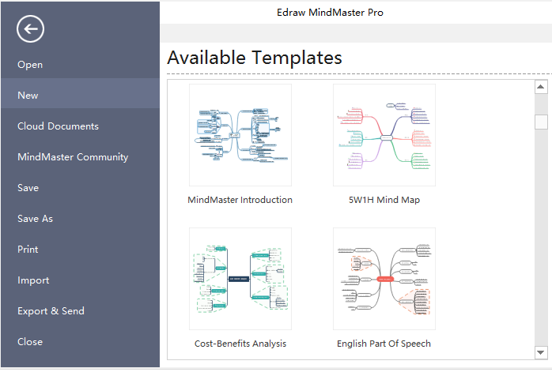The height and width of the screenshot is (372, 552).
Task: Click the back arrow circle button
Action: click(30, 29)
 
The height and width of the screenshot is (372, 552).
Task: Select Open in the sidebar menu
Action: click(30, 65)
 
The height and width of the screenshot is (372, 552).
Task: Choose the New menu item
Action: click(28, 96)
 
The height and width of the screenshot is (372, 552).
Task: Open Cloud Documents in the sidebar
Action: click(58, 126)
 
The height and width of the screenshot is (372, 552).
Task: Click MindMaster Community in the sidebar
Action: click(73, 157)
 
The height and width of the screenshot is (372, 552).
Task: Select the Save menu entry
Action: click(28, 188)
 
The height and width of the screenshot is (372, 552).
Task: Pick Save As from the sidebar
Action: click(35, 219)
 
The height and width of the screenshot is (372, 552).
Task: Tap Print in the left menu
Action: click(28, 250)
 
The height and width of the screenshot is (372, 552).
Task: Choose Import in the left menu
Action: click(33, 280)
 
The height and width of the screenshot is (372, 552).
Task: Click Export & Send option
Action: click(51, 311)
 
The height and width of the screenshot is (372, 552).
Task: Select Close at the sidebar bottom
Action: click(30, 342)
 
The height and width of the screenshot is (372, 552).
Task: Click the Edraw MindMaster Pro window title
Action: click(331, 13)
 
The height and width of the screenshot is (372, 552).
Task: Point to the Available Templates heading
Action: click(255, 58)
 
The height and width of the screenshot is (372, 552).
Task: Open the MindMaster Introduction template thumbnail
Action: click(240, 135)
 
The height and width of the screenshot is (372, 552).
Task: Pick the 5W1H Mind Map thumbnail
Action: click(384, 135)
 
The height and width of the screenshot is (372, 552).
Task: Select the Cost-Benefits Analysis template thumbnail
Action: click(240, 279)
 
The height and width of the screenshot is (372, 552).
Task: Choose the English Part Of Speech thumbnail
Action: click(384, 279)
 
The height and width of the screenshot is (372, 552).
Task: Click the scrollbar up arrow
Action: click(541, 87)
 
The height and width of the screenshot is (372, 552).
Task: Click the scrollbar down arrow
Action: click(541, 352)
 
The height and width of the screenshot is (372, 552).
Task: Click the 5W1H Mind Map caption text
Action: click(384, 200)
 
